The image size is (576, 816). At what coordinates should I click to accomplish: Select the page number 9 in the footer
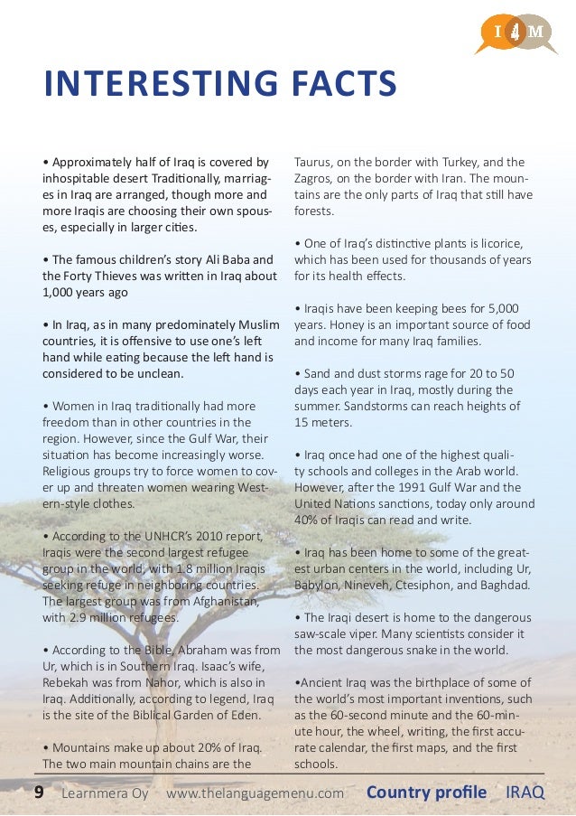pos(39,793)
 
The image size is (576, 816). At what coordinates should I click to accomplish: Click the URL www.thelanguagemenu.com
pos(255,793)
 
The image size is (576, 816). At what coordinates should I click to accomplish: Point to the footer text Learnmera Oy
pos(105,793)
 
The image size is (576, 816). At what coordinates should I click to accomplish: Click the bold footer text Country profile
pos(426,793)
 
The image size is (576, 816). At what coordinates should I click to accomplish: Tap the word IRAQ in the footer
pos(525,793)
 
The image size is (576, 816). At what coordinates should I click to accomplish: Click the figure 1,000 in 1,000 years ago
pos(60,293)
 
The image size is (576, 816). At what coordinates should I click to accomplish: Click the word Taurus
pos(312,163)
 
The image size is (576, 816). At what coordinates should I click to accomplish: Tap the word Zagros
pos(314,179)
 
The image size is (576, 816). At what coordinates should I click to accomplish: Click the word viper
pos(372,633)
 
